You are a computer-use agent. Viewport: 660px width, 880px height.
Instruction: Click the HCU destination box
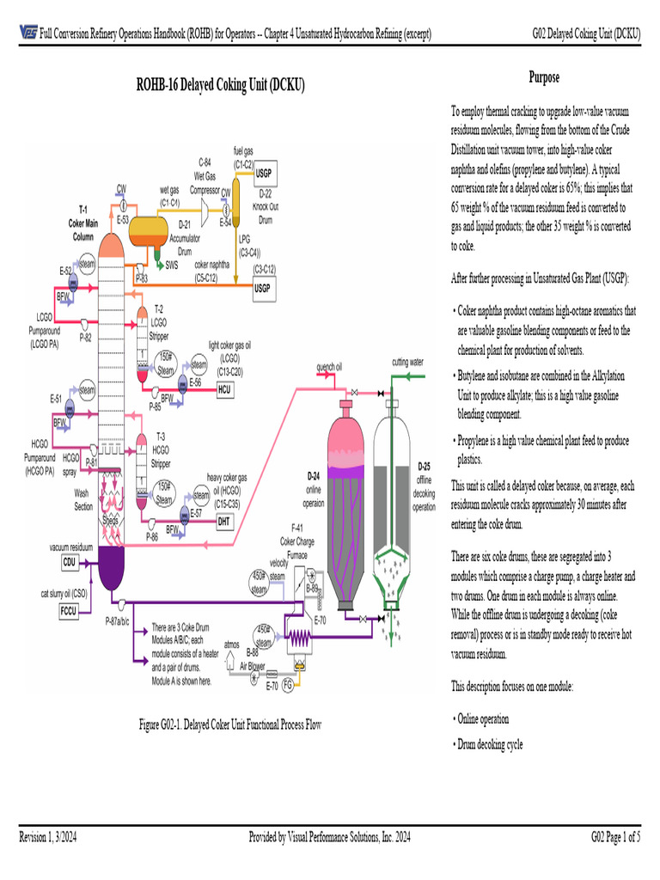[224, 389]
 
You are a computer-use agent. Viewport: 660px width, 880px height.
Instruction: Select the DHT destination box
[224, 521]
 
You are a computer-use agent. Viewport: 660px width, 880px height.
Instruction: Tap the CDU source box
[70, 562]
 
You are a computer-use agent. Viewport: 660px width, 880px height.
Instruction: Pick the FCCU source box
[70, 610]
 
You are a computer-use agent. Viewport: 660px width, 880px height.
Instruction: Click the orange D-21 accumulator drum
[148, 229]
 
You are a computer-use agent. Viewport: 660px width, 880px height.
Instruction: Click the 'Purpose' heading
[543, 78]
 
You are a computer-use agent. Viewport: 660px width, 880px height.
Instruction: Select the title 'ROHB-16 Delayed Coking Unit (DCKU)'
[221, 86]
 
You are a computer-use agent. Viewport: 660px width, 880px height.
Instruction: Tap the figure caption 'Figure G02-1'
[231, 725]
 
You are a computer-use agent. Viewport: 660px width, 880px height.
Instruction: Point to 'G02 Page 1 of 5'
[615, 838]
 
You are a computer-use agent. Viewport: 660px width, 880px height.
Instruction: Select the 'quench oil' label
[330, 367]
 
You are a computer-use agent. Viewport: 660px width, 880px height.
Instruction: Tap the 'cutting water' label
[408, 362]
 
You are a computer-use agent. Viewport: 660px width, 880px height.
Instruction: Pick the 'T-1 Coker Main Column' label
[82, 222]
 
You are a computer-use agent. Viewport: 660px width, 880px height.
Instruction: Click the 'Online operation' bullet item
[483, 718]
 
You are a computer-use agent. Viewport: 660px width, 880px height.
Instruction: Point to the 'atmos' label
[231, 643]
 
